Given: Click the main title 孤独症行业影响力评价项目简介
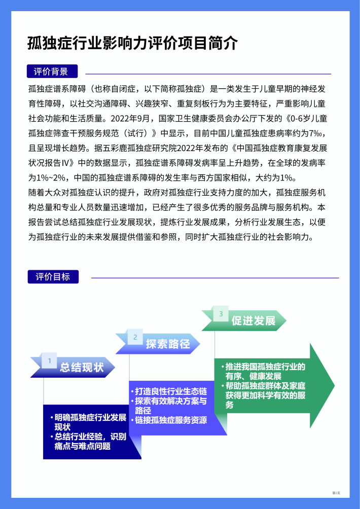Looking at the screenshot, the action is (132, 44).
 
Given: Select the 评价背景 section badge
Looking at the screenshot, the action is (52, 71).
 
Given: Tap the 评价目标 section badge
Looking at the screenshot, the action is (53, 277).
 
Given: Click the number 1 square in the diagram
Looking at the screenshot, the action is (49, 360).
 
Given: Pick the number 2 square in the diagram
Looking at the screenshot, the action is (135, 337).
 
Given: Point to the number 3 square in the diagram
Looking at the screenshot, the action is (221, 314).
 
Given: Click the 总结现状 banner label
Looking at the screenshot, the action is (82, 368).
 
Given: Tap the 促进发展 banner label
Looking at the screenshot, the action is (254, 321).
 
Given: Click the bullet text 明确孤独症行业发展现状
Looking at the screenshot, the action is (88, 422).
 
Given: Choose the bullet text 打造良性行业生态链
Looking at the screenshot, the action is (169, 391).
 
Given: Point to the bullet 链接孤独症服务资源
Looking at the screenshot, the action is (169, 420).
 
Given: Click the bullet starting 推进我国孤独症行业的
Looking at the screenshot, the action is (264, 372).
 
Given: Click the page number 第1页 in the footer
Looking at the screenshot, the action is (336, 493).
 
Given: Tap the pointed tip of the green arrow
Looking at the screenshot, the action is (334, 385).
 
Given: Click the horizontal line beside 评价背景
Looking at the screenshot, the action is (208, 74).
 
